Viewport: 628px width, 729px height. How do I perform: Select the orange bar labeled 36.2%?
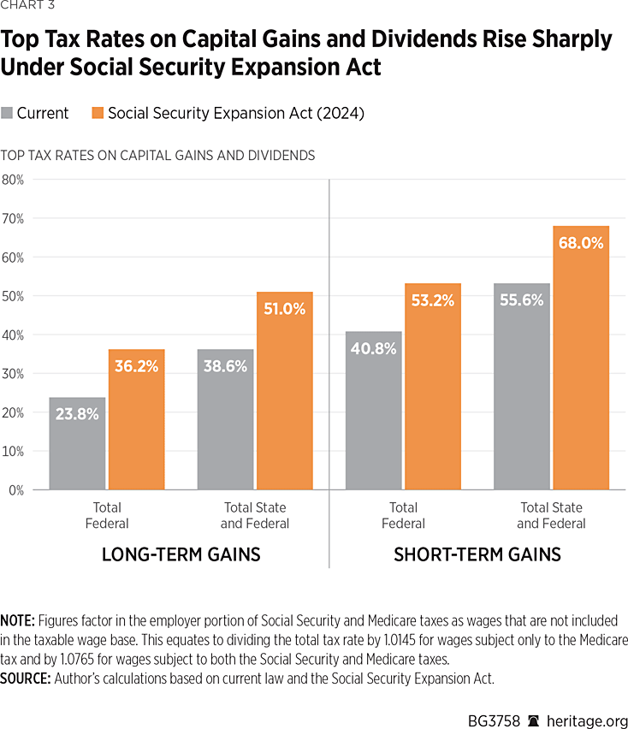136,419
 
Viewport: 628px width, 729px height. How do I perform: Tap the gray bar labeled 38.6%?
225,419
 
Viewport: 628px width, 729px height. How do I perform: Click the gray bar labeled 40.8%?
373,411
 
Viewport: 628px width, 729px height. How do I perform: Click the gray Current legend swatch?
8,113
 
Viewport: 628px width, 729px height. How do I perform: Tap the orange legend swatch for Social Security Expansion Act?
99,113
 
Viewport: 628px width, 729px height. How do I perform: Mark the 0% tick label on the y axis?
15,490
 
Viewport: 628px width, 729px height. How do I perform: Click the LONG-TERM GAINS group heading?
181,554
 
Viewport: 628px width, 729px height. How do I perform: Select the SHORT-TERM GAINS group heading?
477,554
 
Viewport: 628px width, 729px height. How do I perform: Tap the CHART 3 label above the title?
28,9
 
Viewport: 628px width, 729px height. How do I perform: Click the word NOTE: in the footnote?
17,619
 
